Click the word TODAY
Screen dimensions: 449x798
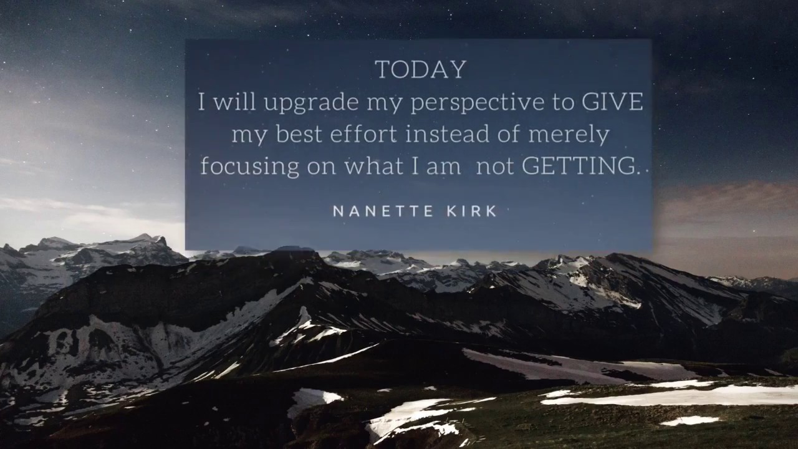(x=420, y=69)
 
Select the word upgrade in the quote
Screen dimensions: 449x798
(x=310, y=104)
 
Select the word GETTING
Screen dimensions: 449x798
(x=580, y=166)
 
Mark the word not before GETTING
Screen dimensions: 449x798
(x=495, y=166)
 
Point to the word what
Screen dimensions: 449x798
(x=370, y=166)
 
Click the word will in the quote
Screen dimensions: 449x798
(x=234, y=102)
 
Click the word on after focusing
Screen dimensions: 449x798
(x=320, y=167)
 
